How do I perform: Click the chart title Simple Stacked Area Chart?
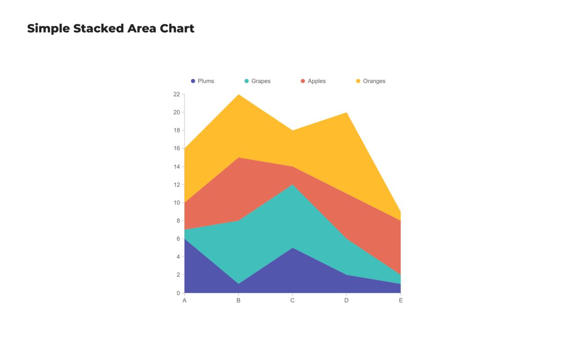tap(111, 28)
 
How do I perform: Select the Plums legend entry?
tap(202, 81)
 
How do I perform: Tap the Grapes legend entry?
tap(257, 81)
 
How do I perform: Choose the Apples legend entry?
tap(313, 81)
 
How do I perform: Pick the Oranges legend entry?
tap(371, 81)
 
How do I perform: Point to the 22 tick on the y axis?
tap(176, 94)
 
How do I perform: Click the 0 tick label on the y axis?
tap(178, 293)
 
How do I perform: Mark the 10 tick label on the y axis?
tap(176, 202)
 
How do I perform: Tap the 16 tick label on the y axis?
tap(176, 148)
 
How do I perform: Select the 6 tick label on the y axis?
tap(178, 239)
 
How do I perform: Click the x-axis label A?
tap(184, 301)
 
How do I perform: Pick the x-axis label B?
tap(238, 301)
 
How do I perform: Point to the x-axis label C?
tap(292, 301)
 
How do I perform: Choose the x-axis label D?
tap(346, 301)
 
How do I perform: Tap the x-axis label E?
tap(400, 301)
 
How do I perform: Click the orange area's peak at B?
tap(238, 95)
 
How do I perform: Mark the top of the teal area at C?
tap(292, 185)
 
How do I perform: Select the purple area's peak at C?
tap(292, 248)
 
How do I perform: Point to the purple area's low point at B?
tap(238, 284)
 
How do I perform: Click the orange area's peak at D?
tap(346, 113)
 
